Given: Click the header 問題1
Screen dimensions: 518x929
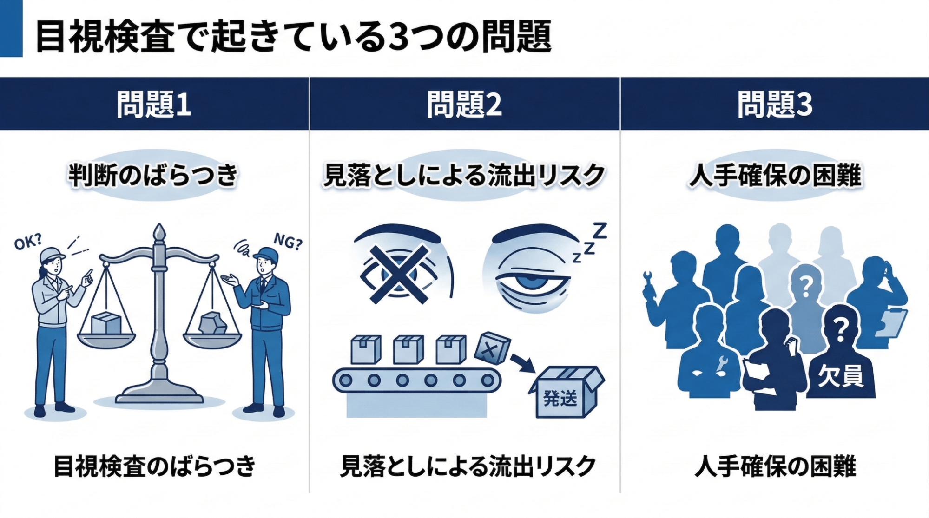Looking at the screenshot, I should pyautogui.click(x=154, y=104).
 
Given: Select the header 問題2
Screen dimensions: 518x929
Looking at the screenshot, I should pyautogui.click(x=464, y=104).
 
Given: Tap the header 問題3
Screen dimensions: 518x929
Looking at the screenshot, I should pyautogui.click(x=775, y=104).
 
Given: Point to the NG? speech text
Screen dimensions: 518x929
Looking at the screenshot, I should pyautogui.click(x=288, y=242).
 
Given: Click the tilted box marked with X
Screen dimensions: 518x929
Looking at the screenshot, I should pyautogui.click(x=492, y=348).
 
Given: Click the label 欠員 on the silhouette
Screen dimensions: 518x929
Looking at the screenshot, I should pyautogui.click(x=840, y=375).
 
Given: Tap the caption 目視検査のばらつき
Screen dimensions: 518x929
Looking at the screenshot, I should pyautogui.click(x=154, y=466).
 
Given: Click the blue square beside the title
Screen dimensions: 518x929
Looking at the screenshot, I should pyautogui.click(x=11, y=28).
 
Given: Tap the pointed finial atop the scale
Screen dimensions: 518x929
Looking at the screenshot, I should pyautogui.click(x=159, y=232).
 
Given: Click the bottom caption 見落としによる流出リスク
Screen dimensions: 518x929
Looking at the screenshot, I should pyautogui.click(x=468, y=466).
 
